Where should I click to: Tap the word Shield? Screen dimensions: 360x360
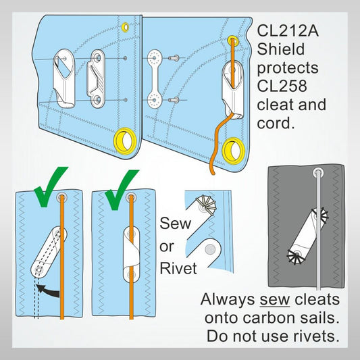click(x=282, y=49)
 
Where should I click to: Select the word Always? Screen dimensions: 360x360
click(x=228, y=299)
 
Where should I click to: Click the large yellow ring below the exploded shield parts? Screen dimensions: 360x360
click(x=126, y=139)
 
